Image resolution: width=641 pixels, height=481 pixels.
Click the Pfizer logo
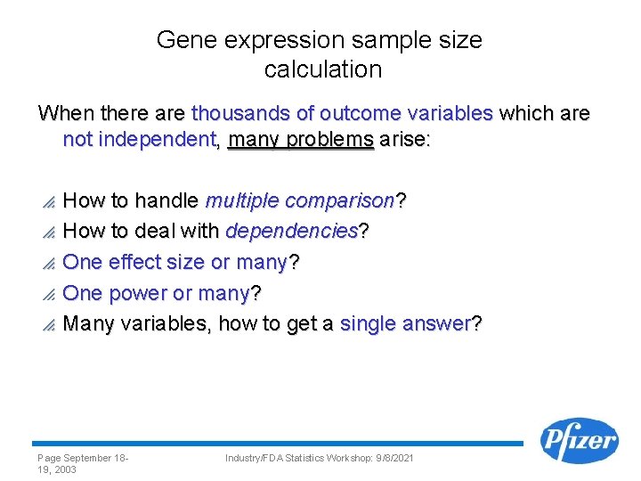(x=580, y=441)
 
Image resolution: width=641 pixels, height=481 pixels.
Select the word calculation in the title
(x=323, y=69)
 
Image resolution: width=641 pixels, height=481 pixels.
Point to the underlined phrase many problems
(x=301, y=140)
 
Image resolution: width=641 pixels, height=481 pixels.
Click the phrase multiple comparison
(x=300, y=201)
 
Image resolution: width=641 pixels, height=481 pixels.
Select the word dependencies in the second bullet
(x=291, y=232)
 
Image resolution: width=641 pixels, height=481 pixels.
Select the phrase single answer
(x=404, y=323)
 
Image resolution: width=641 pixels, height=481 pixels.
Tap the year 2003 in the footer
(x=63, y=469)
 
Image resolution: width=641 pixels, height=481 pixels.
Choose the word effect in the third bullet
(x=131, y=262)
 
